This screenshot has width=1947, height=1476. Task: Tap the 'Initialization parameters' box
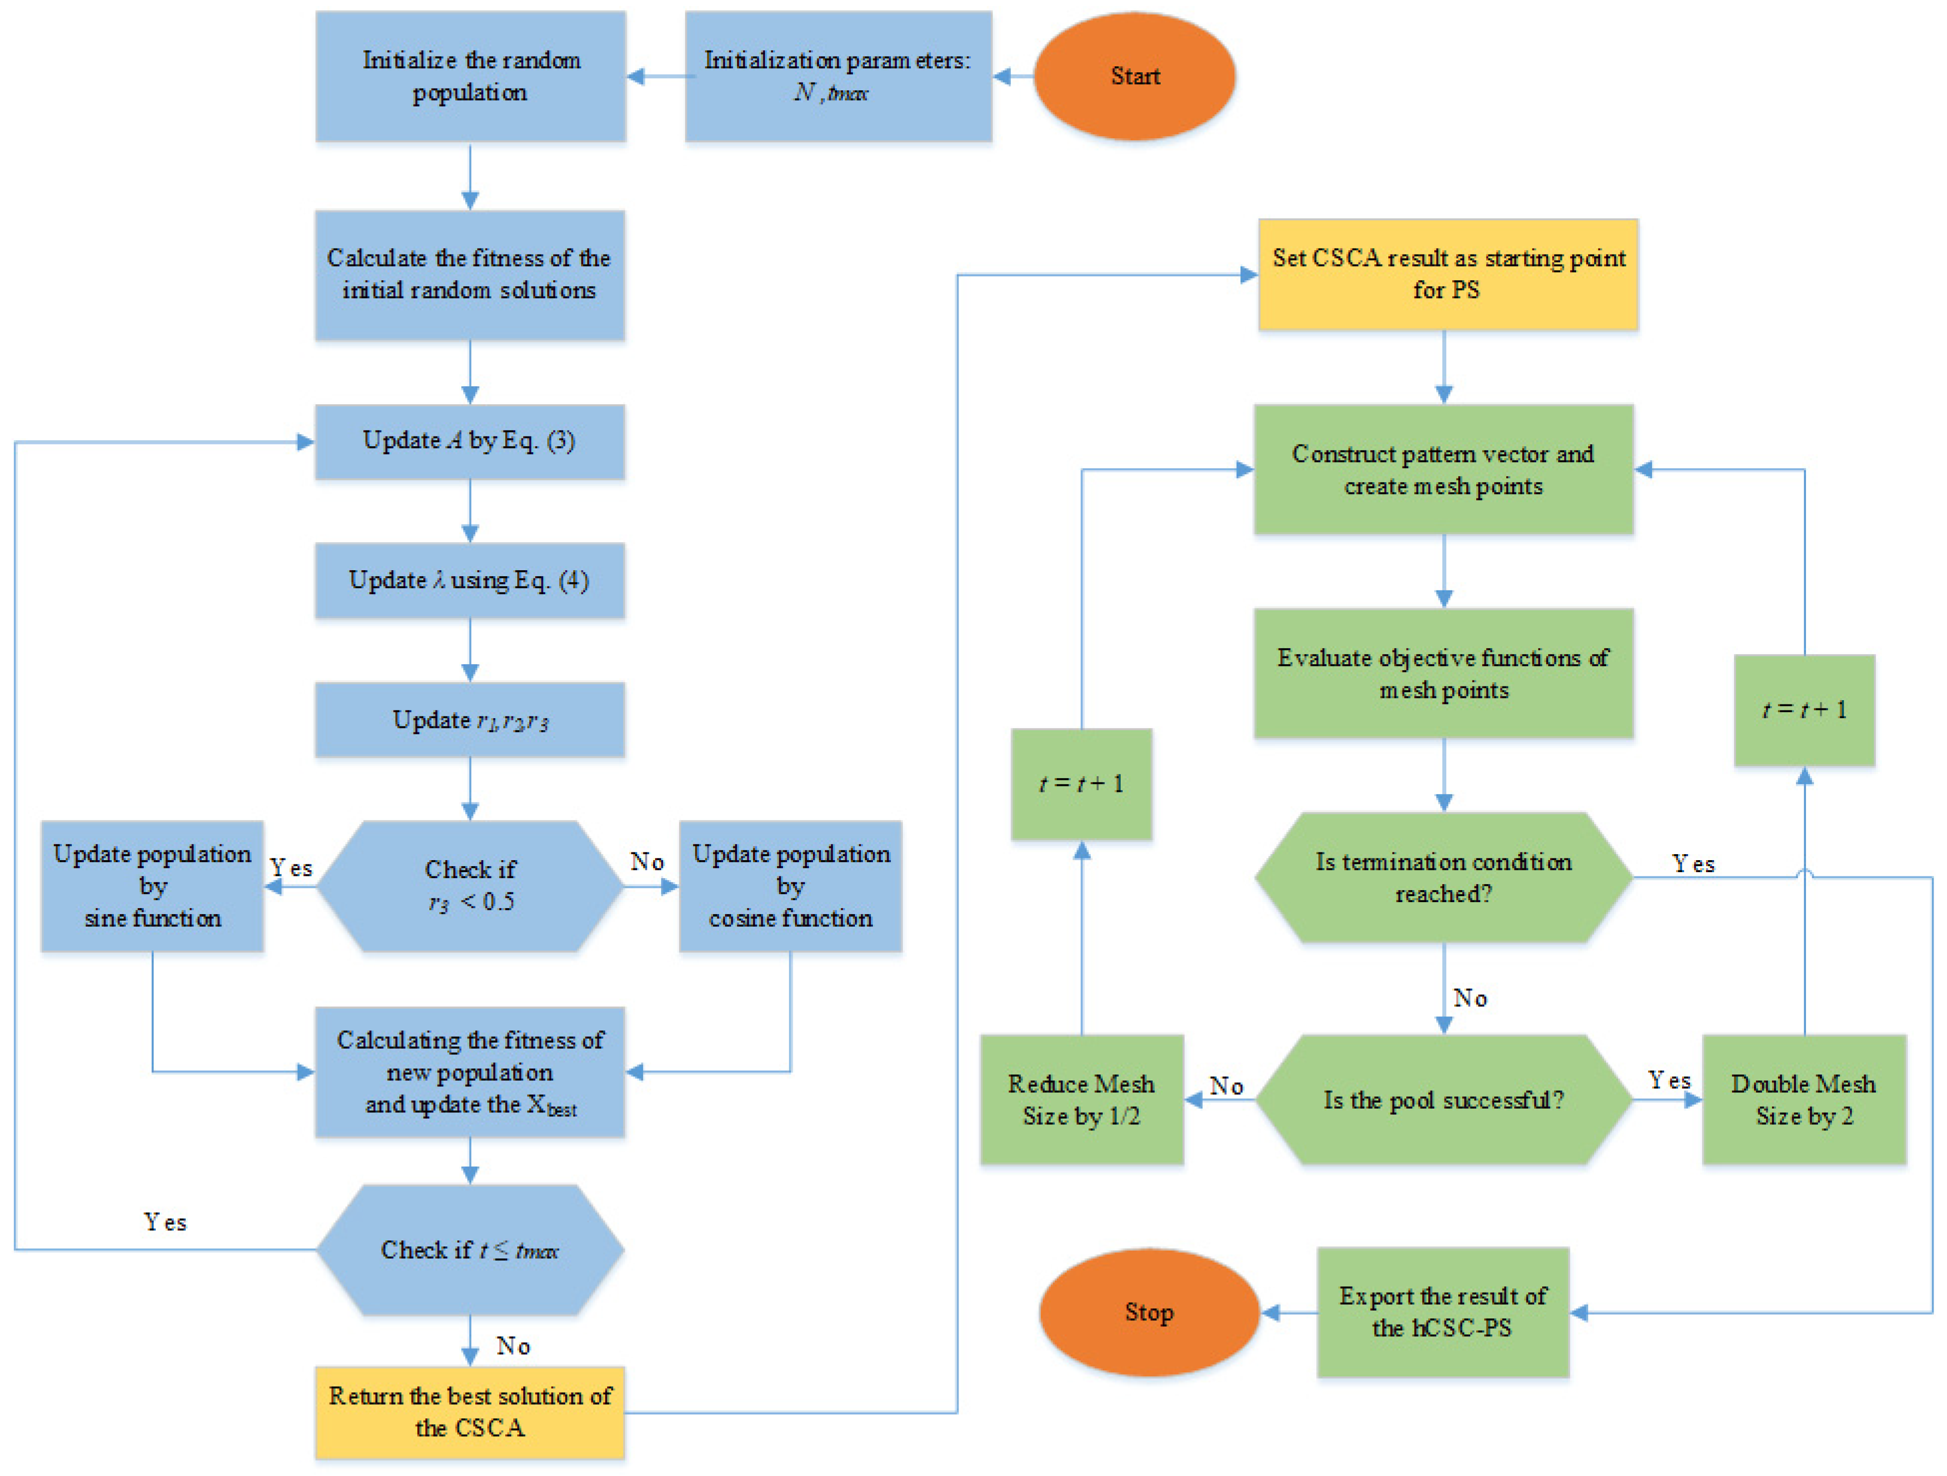(838, 77)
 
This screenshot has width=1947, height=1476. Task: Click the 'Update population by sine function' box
(152, 886)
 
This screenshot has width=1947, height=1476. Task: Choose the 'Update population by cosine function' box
(790, 886)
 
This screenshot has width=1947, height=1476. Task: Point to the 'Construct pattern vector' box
(1444, 469)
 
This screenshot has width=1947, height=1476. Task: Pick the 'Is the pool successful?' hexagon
(1444, 1100)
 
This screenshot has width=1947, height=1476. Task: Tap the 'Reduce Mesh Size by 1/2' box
(1082, 1100)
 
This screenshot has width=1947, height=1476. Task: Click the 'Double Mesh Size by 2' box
(1804, 1100)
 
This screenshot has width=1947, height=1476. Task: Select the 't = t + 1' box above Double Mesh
(1804, 710)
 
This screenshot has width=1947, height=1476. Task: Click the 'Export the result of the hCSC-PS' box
(1443, 1312)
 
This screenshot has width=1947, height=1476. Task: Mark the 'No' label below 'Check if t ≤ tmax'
(513, 1346)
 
